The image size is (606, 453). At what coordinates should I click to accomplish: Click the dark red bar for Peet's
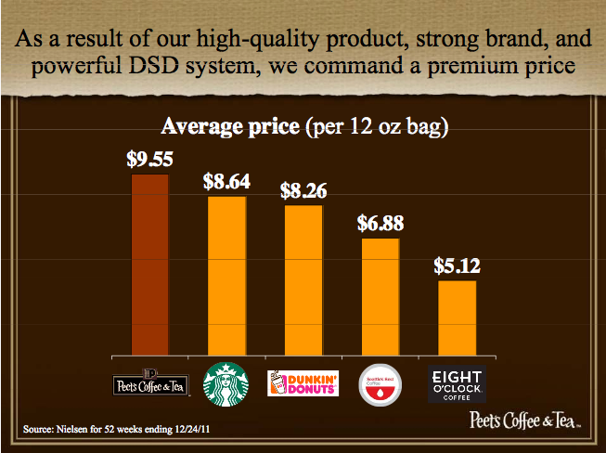[150, 264]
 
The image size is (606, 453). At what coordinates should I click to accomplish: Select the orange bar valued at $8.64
[226, 275]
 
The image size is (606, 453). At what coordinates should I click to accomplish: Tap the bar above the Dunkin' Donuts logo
[303, 279]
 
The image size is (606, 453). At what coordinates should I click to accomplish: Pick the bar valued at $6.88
[380, 296]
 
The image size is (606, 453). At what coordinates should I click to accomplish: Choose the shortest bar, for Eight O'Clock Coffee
[457, 317]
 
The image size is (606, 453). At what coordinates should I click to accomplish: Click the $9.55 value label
[150, 159]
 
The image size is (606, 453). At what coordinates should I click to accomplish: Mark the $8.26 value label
[303, 190]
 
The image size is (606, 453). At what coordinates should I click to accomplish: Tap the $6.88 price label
[380, 223]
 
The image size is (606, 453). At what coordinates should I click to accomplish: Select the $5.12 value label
[457, 265]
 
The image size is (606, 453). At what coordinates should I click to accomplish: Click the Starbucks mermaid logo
[226, 383]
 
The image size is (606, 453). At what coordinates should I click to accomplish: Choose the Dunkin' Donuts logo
[303, 383]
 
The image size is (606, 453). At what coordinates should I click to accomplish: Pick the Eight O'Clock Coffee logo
[457, 383]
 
